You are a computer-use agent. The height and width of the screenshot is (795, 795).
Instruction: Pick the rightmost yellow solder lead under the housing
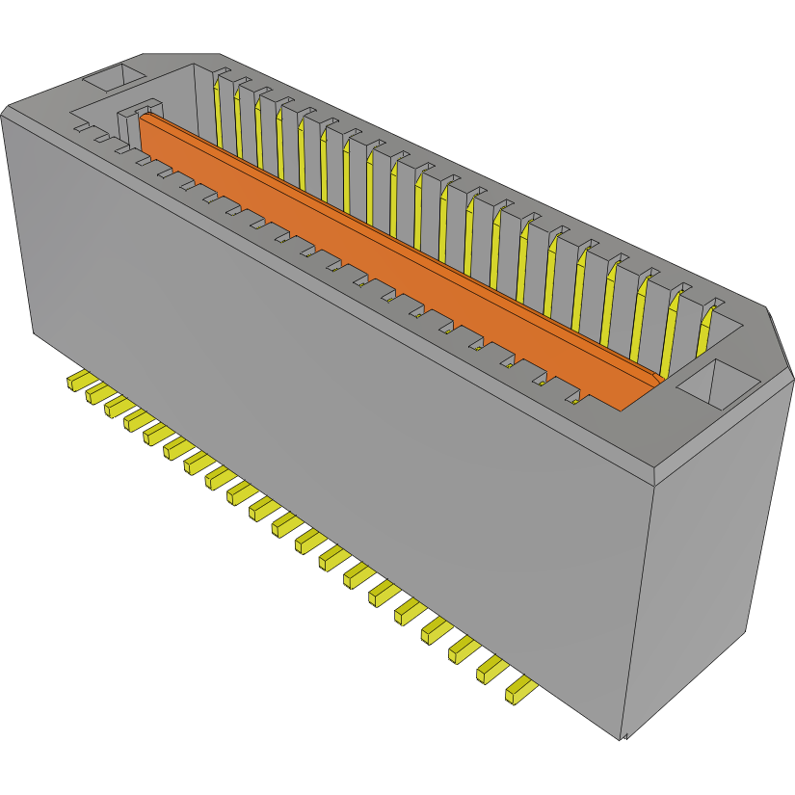click(520, 690)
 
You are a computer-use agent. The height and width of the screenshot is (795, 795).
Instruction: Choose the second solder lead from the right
click(491, 669)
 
